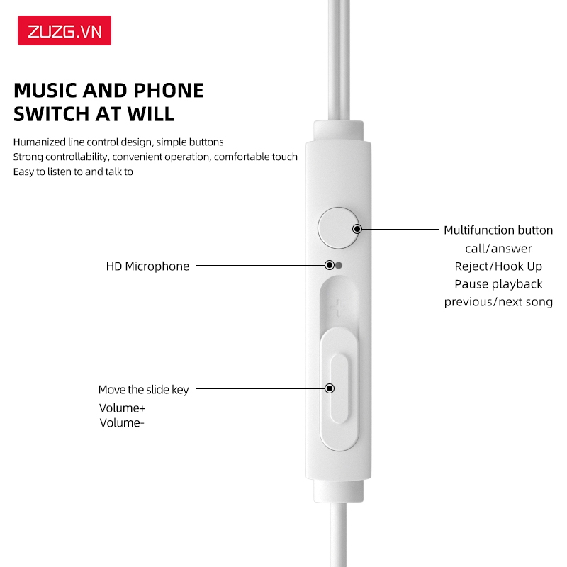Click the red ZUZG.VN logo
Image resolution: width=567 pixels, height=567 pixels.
[x=64, y=31]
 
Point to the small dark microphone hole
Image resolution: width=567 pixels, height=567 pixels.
[x=339, y=266]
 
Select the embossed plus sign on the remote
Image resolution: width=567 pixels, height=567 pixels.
[x=338, y=307]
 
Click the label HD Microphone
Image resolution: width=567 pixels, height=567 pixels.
[x=147, y=266]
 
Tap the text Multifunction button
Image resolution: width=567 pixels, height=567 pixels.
[x=498, y=230]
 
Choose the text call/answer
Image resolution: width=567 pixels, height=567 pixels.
[x=498, y=248]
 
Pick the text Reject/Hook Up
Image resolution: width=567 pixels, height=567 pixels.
[x=498, y=266]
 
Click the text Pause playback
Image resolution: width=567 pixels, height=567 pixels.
[x=498, y=284]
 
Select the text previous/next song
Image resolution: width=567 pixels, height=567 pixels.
[x=498, y=302]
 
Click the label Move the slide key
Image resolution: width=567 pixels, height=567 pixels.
[x=143, y=390]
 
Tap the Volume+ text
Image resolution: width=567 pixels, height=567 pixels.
[x=122, y=408]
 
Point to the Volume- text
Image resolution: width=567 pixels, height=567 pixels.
[x=122, y=423]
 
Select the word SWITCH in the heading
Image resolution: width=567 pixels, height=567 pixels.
[x=53, y=114]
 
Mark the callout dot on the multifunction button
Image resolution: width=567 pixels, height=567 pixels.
[x=357, y=229]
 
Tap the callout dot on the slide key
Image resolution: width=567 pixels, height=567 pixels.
[x=330, y=388]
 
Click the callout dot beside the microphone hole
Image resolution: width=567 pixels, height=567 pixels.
[x=330, y=266]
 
